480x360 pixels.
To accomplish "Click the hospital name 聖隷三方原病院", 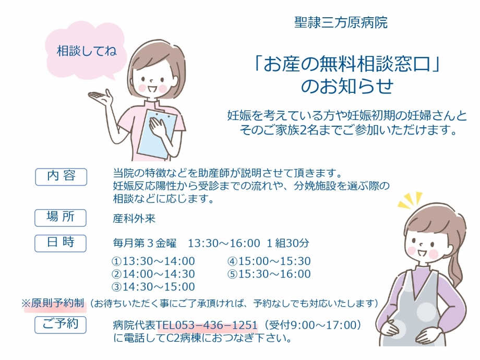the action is (x=341, y=22).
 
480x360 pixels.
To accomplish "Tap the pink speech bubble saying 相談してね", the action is (x=85, y=51).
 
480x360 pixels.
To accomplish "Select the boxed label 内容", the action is (x=61, y=177).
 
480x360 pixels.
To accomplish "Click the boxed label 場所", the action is (x=61, y=218).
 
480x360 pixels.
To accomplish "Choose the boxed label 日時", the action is (x=61, y=243).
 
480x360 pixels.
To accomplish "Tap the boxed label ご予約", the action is (x=61, y=325).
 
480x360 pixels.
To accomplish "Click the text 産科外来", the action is (x=134, y=218).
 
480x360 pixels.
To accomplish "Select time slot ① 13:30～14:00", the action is (x=153, y=261).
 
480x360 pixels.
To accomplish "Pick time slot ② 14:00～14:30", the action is (x=153, y=274).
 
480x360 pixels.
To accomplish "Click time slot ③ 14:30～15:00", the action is (x=153, y=287).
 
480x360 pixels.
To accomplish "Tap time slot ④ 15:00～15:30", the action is (x=269, y=261).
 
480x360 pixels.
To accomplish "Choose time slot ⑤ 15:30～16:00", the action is (x=269, y=274).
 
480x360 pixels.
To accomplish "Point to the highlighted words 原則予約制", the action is (x=57, y=303).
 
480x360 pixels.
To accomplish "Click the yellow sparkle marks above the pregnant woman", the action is (x=410, y=200).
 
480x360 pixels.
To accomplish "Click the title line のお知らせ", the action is (x=347, y=86).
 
